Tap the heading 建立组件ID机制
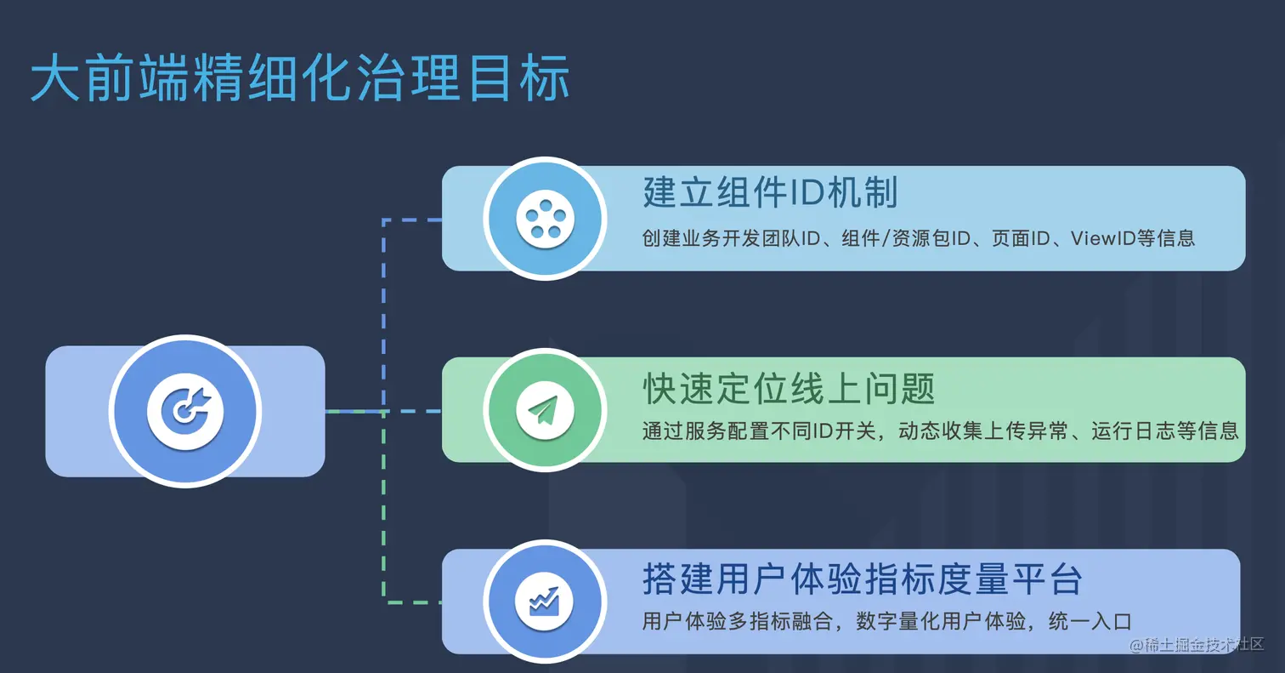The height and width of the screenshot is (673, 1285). [x=770, y=193]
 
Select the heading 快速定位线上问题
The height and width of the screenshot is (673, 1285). [x=789, y=390]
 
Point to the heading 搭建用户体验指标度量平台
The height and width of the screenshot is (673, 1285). [x=862, y=580]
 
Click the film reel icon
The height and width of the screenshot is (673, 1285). [x=544, y=218]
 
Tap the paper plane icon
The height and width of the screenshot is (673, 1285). [x=544, y=410]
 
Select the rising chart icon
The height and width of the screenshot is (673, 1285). [x=544, y=601]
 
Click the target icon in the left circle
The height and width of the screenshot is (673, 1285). [x=185, y=411]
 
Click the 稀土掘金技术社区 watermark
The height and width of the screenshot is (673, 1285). [x=1197, y=645]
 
